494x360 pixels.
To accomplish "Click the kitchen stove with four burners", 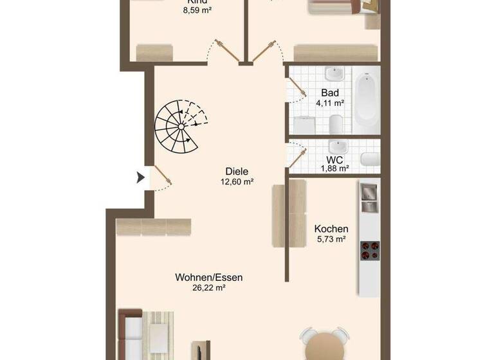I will tap(369, 250).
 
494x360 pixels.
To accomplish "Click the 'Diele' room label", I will tap(237, 172).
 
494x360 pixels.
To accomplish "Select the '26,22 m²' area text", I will tap(209, 289).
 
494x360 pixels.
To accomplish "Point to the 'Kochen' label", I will tap(331, 229).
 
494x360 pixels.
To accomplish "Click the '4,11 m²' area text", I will tap(330, 103).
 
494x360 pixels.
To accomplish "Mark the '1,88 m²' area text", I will tap(334, 168).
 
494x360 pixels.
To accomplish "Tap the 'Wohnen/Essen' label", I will tap(209, 278).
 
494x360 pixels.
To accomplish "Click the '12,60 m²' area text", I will tap(237, 182).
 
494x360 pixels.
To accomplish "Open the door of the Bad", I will tap(297, 90).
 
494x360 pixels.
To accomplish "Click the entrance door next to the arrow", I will tap(161, 176).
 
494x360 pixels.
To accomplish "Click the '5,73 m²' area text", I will tap(331, 239).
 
